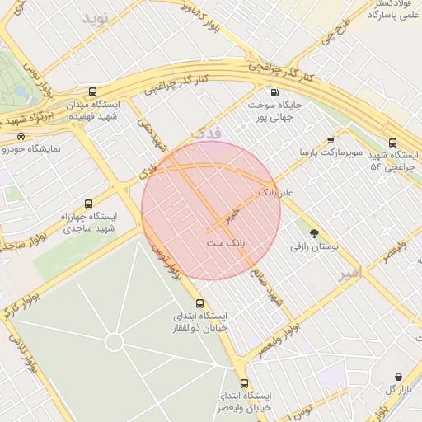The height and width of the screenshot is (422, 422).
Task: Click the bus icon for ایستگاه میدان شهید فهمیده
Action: [x=92, y=91]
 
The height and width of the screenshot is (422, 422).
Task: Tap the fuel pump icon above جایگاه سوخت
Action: [x=274, y=91]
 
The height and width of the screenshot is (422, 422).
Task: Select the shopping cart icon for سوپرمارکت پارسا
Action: [x=331, y=139]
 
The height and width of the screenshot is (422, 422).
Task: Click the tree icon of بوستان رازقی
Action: [x=313, y=233]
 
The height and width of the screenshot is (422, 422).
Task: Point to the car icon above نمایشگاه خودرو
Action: [x=21, y=136]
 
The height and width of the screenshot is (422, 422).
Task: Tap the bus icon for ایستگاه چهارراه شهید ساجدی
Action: [x=88, y=203]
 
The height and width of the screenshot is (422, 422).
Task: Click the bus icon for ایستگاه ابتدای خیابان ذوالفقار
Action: [x=199, y=303]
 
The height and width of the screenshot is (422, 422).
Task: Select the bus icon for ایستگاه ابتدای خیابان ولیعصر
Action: [x=243, y=383]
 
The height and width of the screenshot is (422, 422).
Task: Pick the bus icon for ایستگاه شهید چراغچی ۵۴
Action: [x=392, y=143]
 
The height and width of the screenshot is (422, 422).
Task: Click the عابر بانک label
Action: [x=275, y=192]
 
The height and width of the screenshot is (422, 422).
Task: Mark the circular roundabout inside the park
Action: [x=114, y=341]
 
